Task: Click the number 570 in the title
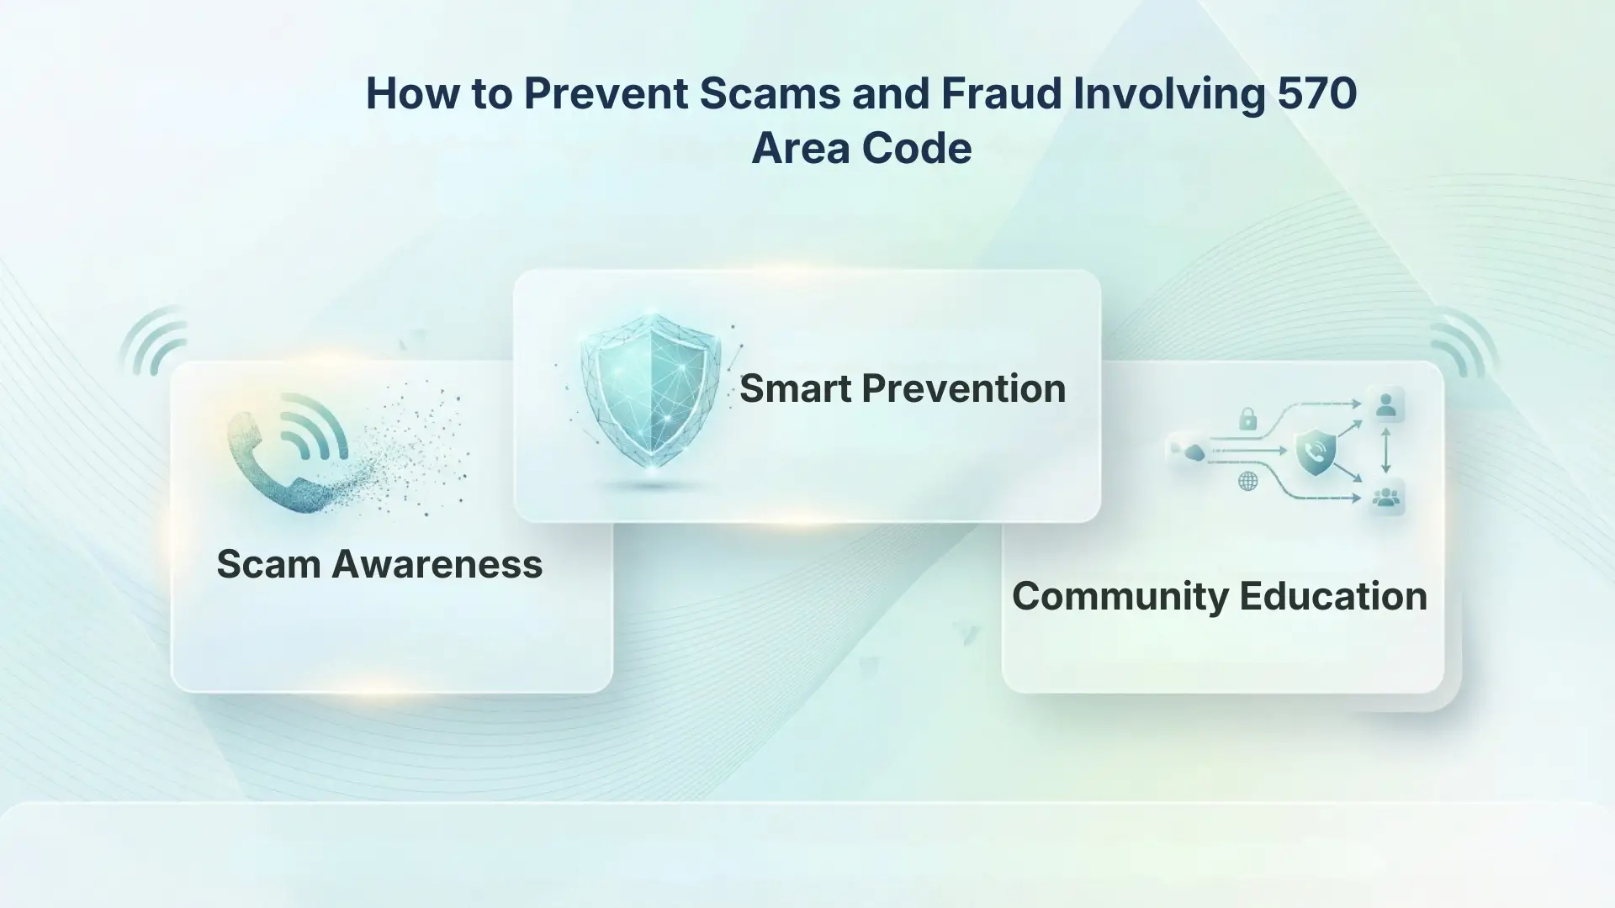[1317, 93]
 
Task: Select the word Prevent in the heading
[606, 93]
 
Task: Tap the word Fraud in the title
[1001, 93]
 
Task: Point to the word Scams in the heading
[770, 93]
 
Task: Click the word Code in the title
[917, 149]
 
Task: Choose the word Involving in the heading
[1169, 95]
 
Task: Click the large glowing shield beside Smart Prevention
[650, 392]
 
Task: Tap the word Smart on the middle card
[795, 388]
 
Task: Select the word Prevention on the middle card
[964, 388]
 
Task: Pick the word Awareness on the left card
[437, 564]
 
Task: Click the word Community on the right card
[1120, 596]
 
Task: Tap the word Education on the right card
[1333, 596]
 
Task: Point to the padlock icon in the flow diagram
[1247, 418]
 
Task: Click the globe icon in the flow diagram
[1248, 481]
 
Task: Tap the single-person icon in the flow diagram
[1385, 406]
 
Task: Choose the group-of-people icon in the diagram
[1385, 498]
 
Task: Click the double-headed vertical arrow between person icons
[1385, 452]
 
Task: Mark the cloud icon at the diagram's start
[1194, 454]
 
